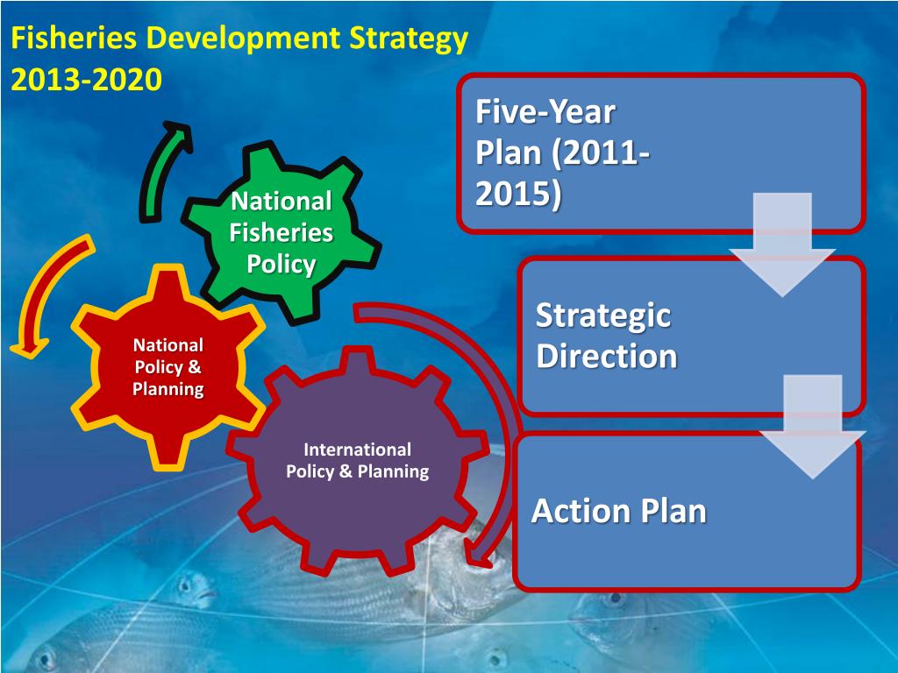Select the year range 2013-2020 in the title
tap(86, 80)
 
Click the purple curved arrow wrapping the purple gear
tap(491, 394)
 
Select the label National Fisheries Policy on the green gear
tap(281, 233)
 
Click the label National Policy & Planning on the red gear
tap(168, 367)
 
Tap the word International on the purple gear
tap(357, 450)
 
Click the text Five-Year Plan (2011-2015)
tap(561, 153)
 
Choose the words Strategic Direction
tap(605, 336)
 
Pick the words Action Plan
tap(619, 511)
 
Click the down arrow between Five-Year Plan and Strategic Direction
tap(781, 245)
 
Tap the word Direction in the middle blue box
tap(607, 357)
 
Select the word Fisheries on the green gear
tap(281, 233)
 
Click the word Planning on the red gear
tap(168, 388)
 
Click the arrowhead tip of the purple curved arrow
tap(478, 561)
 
